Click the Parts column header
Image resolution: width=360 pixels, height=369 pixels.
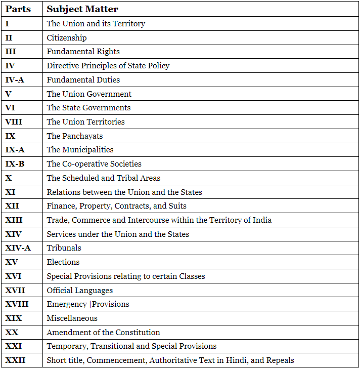coord(18,9)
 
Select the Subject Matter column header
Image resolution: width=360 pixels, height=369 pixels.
coord(82,9)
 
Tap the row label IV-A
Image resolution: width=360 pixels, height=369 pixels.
coord(15,79)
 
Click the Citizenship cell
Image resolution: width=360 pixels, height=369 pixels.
coord(67,37)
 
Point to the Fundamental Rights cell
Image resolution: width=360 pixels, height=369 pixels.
coord(83,52)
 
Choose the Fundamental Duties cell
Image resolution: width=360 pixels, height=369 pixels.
coord(83,79)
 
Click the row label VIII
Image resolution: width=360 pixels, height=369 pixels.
coord(14,121)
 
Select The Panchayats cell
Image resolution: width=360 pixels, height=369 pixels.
coord(74,136)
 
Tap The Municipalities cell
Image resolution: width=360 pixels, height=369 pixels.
coord(80,150)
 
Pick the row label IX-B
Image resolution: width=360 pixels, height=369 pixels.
coord(15,164)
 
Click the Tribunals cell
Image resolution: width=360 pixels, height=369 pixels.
coord(64,248)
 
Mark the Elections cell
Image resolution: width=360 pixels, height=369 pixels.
coord(63,262)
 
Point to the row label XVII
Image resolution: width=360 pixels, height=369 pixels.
coord(15,291)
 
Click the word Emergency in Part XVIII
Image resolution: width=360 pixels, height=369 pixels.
coord(67,304)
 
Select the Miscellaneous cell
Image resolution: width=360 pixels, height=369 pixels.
coord(72,318)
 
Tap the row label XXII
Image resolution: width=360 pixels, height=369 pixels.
coord(16,360)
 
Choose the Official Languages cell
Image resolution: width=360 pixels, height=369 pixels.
coord(79,291)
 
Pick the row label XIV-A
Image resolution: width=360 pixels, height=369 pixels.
coord(18,248)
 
